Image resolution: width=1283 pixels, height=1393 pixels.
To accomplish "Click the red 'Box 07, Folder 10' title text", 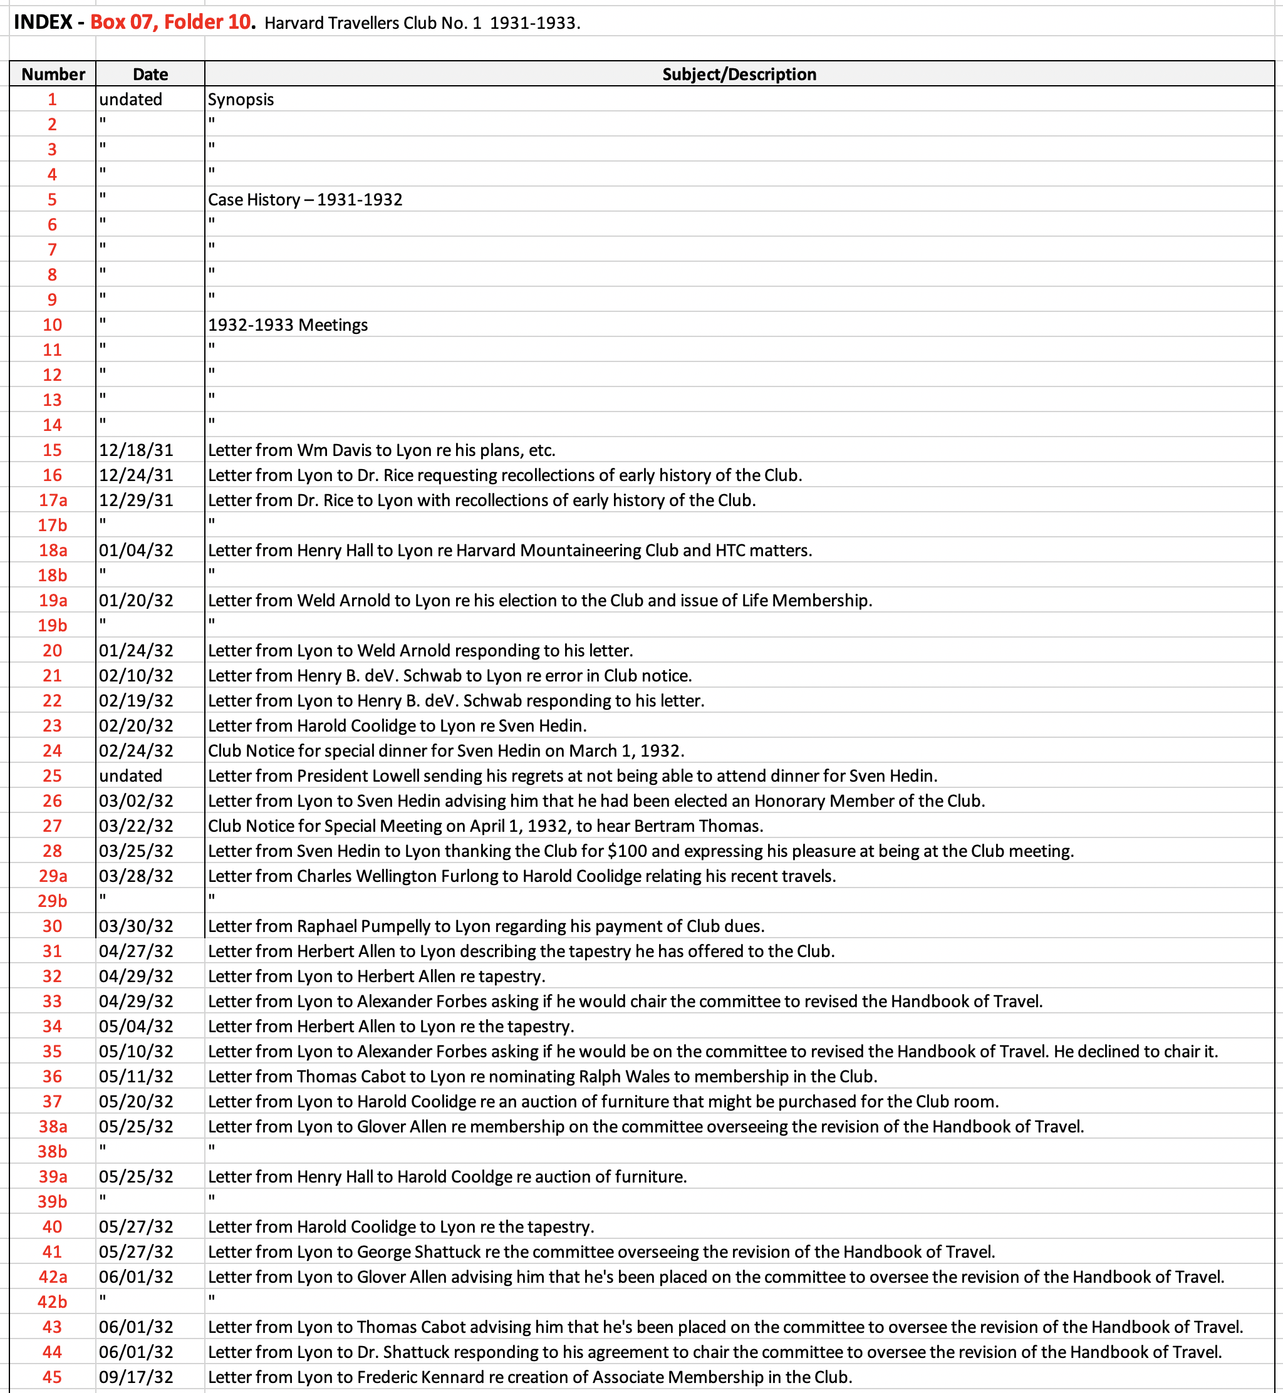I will click(x=170, y=22).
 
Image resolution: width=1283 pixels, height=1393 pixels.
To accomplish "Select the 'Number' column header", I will click(x=53, y=75).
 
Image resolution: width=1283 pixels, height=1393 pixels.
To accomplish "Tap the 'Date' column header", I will click(x=150, y=75).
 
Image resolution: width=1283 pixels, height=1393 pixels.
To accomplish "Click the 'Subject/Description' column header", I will click(x=739, y=75).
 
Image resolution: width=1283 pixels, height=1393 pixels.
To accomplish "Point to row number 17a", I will click(x=53, y=500).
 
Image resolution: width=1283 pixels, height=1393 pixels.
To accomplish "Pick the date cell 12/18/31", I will click(x=136, y=450).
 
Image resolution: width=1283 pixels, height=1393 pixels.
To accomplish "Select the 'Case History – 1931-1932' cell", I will click(x=305, y=200).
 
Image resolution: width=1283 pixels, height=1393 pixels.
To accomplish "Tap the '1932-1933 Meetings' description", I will click(x=288, y=325).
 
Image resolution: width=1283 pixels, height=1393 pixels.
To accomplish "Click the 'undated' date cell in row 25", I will click(x=130, y=776).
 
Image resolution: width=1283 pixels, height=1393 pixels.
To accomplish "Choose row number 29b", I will click(x=53, y=901).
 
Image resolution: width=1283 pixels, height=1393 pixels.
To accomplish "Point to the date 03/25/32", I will click(x=136, y=851).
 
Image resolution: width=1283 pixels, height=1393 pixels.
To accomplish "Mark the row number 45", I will click(x=53, y=1377).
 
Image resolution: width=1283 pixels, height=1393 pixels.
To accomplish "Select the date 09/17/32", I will click(x=136, y=1377).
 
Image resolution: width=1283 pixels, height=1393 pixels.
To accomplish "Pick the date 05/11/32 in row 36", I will click(x=136, y=1077).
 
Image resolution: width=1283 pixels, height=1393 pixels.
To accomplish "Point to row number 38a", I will click(x=53, y=1126).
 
